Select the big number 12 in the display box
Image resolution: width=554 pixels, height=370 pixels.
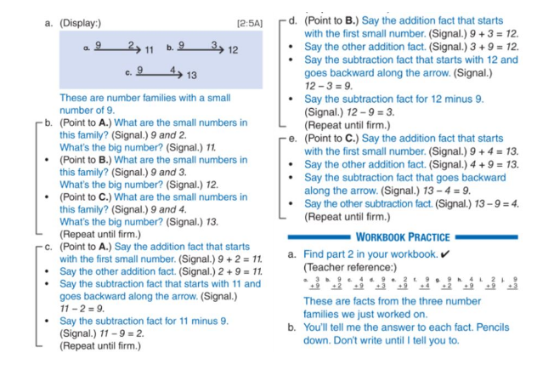(232, 50)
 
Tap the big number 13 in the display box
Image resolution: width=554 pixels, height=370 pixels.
(192, 75)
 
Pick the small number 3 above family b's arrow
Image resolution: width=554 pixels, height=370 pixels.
(214, 43)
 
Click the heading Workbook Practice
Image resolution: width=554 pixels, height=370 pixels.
(403, 236)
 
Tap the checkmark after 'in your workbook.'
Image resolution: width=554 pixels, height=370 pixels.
(444, 253)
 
